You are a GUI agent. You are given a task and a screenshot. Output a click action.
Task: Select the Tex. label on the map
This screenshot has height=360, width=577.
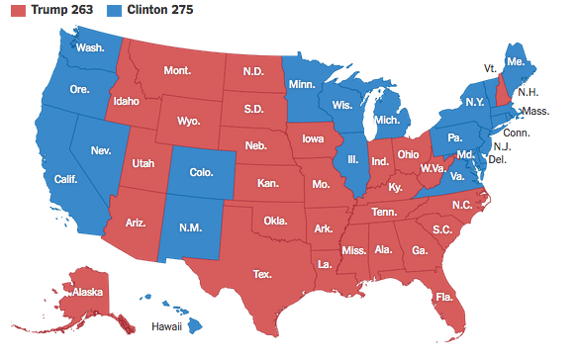pyautogui.click(x=262, y=273)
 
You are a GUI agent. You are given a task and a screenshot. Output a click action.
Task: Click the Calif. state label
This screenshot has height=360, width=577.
pyautogui.click(x=67, y=179)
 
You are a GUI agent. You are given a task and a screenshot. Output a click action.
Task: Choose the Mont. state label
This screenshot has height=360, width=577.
pyautogui.click(x=177, y=71)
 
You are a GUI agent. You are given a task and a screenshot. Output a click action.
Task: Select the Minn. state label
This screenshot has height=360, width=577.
pyautogui.click(x=303, y=85)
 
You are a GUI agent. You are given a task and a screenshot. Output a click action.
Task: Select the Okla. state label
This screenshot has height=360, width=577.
pyautogui.click(x=276, y=220)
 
